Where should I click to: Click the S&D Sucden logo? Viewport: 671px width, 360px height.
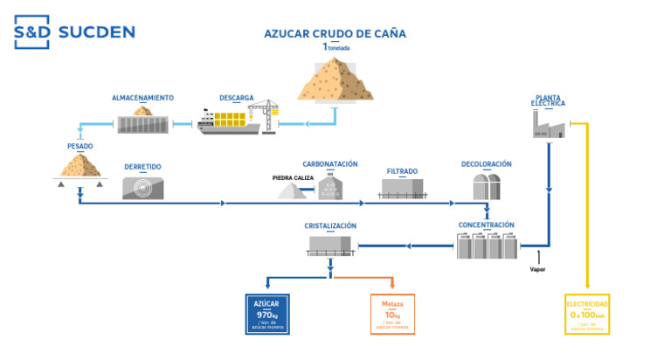[74, 33]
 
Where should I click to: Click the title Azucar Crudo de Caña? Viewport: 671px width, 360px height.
[335, 34]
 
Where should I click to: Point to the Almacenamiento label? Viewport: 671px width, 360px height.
[142, 98]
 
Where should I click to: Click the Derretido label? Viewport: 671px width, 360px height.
[142, 167]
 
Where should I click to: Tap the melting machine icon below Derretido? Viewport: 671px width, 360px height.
[142, 187]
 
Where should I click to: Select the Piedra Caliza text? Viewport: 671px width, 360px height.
[293, 177]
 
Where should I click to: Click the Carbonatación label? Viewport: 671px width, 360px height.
[330, 163]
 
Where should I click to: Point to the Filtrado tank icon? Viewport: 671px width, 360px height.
[403, 187]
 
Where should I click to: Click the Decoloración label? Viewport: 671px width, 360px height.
[487, 163]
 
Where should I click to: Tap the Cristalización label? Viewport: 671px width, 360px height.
[330, 225]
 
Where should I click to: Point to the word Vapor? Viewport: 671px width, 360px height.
[537, 268]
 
